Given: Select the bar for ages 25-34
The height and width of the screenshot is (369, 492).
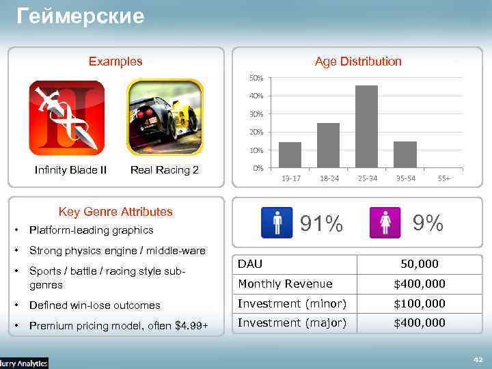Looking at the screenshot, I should tap(366, 126).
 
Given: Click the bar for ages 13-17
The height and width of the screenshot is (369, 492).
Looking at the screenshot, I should tap(290, 154).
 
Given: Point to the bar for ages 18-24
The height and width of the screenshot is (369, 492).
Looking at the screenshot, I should tap(329, 145).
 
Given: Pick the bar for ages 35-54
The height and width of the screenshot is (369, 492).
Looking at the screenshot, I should tap(405, 154).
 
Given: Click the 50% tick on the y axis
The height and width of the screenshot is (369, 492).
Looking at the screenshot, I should tap(256, 78).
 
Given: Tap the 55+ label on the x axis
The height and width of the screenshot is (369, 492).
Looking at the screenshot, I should tap(444, 178).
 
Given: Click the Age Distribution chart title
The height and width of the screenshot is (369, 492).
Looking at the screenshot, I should tap(358, 61).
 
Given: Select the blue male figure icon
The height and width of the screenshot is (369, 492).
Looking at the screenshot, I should tap(277, 223).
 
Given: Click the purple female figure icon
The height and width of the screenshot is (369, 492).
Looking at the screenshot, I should tap(385, 223).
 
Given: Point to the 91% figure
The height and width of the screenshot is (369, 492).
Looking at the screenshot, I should tap(322, 223).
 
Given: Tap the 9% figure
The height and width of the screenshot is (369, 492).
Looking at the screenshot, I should tap(427, 223).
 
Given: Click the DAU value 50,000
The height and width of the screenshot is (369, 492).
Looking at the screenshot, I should tap(420, 264).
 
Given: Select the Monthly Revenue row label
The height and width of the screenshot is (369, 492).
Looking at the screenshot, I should tap(285, 284).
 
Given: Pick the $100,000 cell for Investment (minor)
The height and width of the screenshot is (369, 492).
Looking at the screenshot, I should tap(420, 303).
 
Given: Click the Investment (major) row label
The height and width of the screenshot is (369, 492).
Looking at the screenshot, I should tap(292, 323).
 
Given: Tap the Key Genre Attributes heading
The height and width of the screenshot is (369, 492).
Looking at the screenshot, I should tap(115, 212).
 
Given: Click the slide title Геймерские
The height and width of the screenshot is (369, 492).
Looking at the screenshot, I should tap(81, 16).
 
